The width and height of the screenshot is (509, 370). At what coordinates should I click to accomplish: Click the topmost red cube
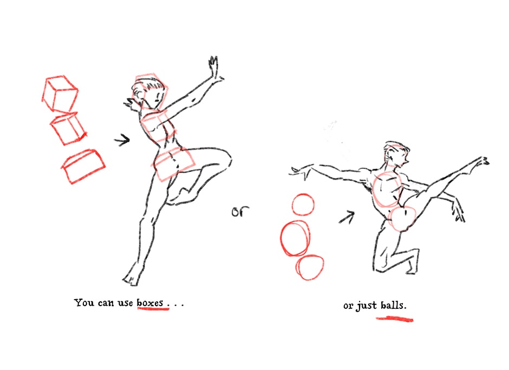60,94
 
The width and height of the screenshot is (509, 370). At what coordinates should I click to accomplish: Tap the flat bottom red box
83,167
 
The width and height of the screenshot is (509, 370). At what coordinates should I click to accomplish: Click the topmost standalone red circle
303,204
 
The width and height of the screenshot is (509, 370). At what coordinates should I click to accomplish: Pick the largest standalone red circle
295,239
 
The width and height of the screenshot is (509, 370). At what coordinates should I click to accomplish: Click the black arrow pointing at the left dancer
122,140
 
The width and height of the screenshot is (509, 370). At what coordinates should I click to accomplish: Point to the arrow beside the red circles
347,217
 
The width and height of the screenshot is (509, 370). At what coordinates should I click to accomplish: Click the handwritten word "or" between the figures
240,212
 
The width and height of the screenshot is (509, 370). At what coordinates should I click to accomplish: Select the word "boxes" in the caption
150,303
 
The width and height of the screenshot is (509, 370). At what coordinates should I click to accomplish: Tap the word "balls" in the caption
393,306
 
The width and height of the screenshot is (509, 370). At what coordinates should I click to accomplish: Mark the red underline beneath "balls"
394,319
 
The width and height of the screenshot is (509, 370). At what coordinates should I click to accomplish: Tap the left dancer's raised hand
214,68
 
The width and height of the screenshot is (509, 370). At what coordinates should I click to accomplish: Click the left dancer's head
150,91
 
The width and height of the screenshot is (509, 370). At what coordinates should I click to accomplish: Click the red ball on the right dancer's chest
388,190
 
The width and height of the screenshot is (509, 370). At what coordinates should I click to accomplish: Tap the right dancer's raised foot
482,162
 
